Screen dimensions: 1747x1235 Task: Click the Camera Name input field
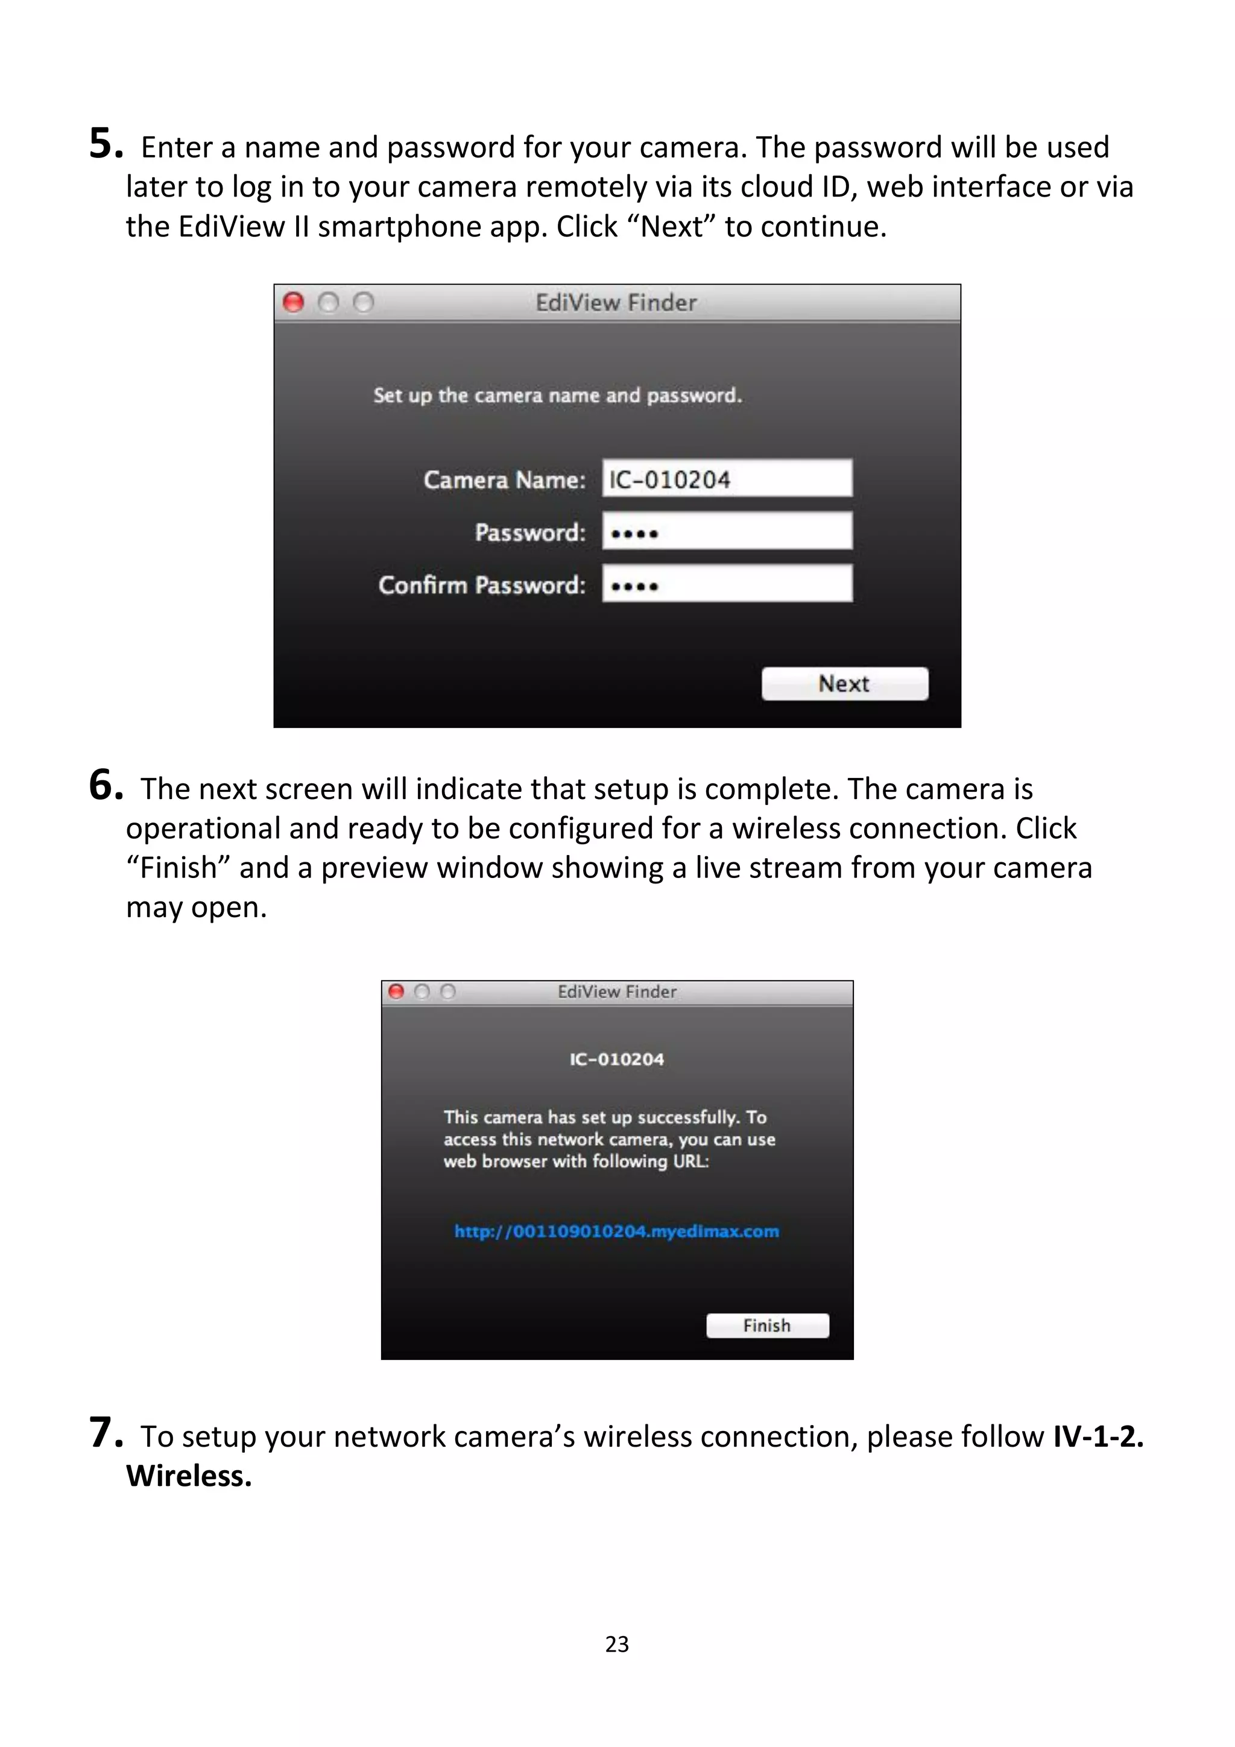pos(727,479)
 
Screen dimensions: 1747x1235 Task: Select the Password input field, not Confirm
pos(727,531)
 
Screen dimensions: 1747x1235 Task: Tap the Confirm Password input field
pos(727,584)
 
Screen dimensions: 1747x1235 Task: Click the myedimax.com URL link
pos(616,1231)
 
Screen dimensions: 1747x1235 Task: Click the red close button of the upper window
pos(293,303)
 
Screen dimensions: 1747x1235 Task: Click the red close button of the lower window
pos(396,991)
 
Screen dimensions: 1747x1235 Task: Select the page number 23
pos(617,1644)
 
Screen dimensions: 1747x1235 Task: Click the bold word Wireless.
pos(188,1476)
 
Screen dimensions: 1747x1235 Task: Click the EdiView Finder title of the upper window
pos(616,303)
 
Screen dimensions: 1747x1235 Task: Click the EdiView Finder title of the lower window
pos(616,991)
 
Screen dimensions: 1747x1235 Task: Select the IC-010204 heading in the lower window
pos(616,1059)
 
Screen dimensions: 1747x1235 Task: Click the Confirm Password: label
pos(482,584)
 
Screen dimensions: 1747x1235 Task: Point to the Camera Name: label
pos(504,479)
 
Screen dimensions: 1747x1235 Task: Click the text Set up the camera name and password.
pos(557,395)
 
